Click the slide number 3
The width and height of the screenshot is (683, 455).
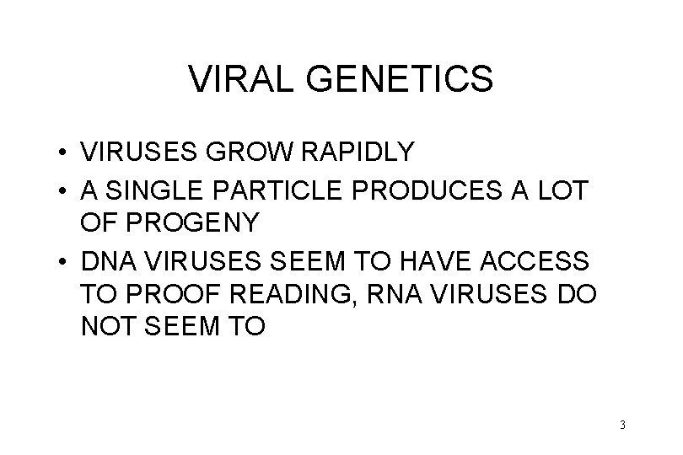click(621, 425)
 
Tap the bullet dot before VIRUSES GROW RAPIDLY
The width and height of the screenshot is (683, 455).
click(64, 153)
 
